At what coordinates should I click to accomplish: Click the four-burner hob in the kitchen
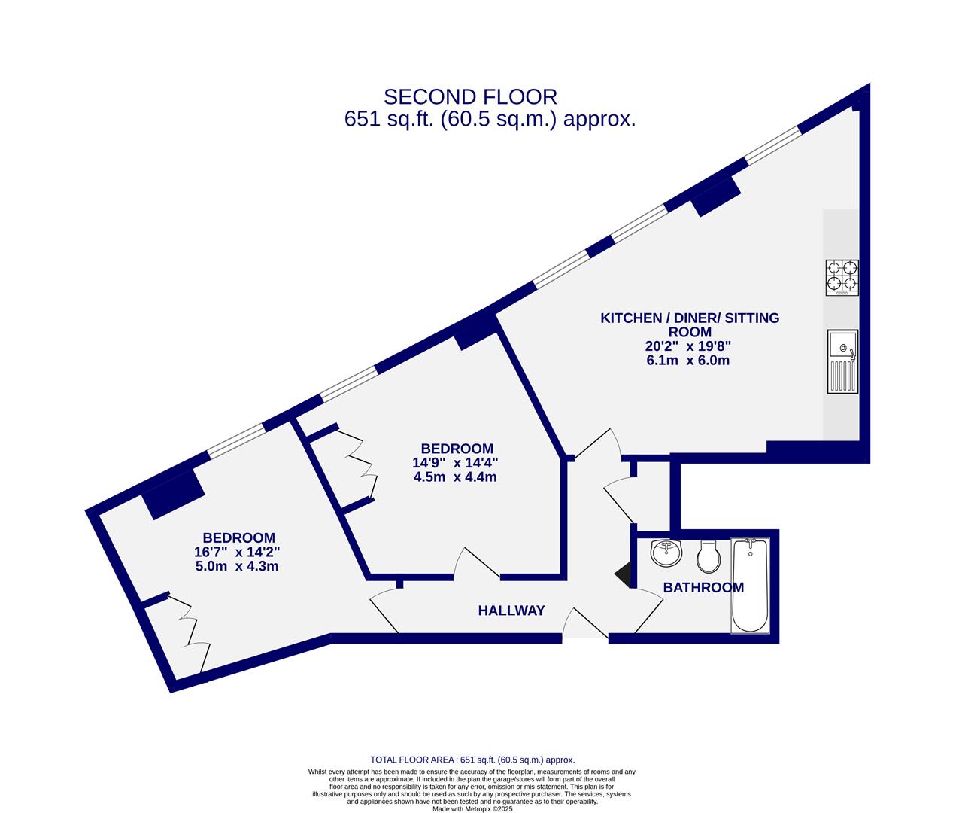point(842,276)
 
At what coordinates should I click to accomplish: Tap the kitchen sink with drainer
point(842,361)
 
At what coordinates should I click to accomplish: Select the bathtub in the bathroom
point(750,586)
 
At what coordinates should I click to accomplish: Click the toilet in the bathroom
point(708,556)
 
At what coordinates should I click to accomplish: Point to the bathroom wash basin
point(666,553)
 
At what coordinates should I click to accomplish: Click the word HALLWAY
point(511,611)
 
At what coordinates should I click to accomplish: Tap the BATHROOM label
point(703,588)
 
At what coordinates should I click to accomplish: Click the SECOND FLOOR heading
point(470,97)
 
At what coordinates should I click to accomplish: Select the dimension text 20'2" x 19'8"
point(687,346)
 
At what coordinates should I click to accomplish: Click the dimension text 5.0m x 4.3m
point(237,566)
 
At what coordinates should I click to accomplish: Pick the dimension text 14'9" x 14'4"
point(456,463)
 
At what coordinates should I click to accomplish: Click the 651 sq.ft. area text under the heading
point(490,120)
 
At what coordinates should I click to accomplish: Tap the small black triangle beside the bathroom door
point(624,575)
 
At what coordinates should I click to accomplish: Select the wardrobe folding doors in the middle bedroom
point(363,466)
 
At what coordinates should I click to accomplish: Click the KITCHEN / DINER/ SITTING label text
point(689,318)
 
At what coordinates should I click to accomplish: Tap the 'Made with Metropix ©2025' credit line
point(472,809)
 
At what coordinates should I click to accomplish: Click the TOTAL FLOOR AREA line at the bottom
point(472,760)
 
